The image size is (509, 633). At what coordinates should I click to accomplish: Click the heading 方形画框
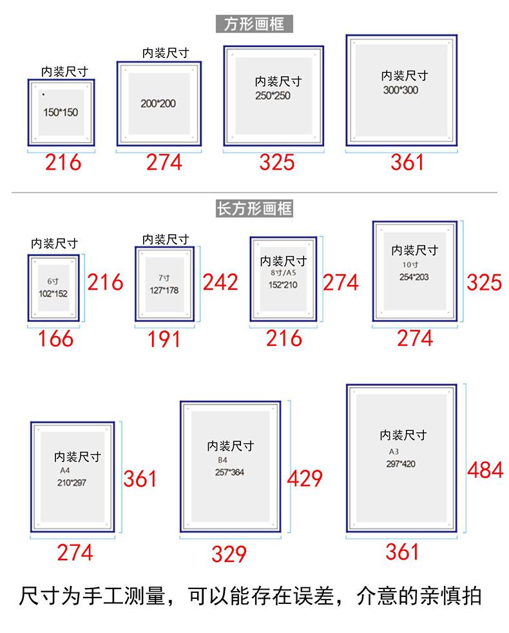(254, 25)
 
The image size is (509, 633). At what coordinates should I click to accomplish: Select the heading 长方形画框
(254, 208)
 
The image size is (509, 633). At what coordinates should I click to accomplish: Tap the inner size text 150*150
(61, 112)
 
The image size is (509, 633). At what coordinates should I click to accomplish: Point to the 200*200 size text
(158, 103)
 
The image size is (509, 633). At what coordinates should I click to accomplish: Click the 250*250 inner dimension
(273, 95)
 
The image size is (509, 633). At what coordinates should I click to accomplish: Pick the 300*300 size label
(400, 90)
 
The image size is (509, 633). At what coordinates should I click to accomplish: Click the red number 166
(55, 338)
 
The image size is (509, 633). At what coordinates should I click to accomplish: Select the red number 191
(164, 339)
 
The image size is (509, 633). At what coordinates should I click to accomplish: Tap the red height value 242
(220, 282)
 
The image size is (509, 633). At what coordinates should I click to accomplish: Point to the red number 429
(304, 478)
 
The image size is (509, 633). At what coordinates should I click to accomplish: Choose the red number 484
(485, 470)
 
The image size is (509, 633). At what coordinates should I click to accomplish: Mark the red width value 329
(229, 554)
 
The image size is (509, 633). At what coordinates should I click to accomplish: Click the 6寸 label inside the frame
(53, 282)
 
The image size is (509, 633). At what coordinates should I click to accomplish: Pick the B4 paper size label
(222, 460)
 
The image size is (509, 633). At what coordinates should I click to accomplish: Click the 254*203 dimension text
(414, 277)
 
